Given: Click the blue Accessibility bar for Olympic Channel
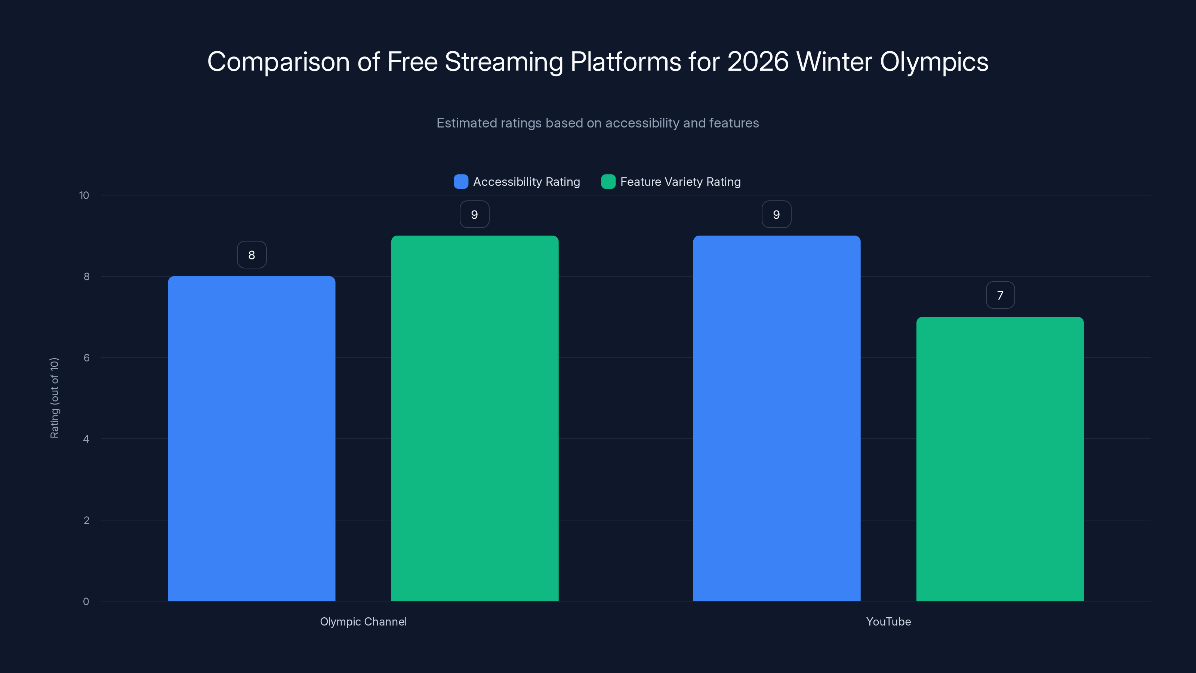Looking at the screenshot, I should coord(251,439).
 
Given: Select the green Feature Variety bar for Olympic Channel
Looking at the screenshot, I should coord(475,418).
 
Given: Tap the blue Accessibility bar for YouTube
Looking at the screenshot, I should coord(776,418).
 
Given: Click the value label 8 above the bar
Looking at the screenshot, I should coord(252,255).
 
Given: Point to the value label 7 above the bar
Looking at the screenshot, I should coord(1000,295).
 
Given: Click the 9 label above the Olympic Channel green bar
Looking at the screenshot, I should coord(474,214).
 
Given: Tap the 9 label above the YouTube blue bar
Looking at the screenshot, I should coord(776,214).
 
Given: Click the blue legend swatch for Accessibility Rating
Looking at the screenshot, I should coord(460,182).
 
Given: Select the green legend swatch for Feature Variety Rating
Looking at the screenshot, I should coord(608,182).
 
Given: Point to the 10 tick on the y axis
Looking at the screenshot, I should coord(84,195).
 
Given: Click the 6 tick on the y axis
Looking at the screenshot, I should coord(86,358).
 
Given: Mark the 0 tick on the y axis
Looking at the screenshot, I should coord(86,602).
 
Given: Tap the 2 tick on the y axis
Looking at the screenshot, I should coord(86,520).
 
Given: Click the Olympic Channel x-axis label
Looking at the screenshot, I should coord(363,621).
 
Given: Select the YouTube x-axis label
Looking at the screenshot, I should coord(888,621).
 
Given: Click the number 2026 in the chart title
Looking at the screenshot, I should coord(758,61).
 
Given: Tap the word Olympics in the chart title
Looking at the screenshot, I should coord(934,61).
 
